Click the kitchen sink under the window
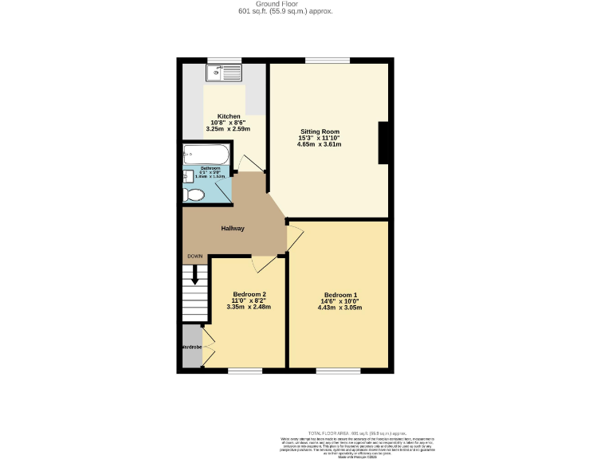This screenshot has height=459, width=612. click(x=223, y=74)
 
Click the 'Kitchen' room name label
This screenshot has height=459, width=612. click(x=229, y=116)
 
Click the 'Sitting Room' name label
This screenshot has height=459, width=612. click(x=320, y=131)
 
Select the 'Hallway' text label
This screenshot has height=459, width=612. click(x=233, y=229)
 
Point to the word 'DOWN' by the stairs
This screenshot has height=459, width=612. click(x=194, y=256)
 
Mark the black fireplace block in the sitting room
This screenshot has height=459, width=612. click(x=383, y=143)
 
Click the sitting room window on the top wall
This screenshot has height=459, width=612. click(x=327, y=60)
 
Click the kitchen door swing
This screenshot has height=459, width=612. click(x=253, y=164)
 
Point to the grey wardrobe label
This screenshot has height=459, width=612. click(x=190, y=347)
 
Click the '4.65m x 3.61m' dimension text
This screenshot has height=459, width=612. click(x=320, y=145)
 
